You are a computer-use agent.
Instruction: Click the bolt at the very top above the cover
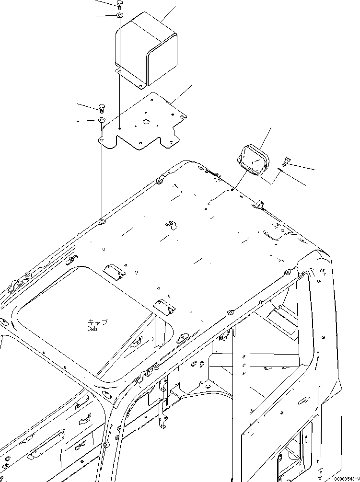pyautogui.click(x=119, y=5)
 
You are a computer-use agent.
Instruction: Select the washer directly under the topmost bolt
pyautogui.click(x=119, y=17)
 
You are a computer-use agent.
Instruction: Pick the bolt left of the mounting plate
pyautogui.click(x=101, y=107)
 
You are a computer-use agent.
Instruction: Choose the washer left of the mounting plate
pyautogui.click(x=102, y=119)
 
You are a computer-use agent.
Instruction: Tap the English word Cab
pyautogui.click(x=93, y=329)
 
